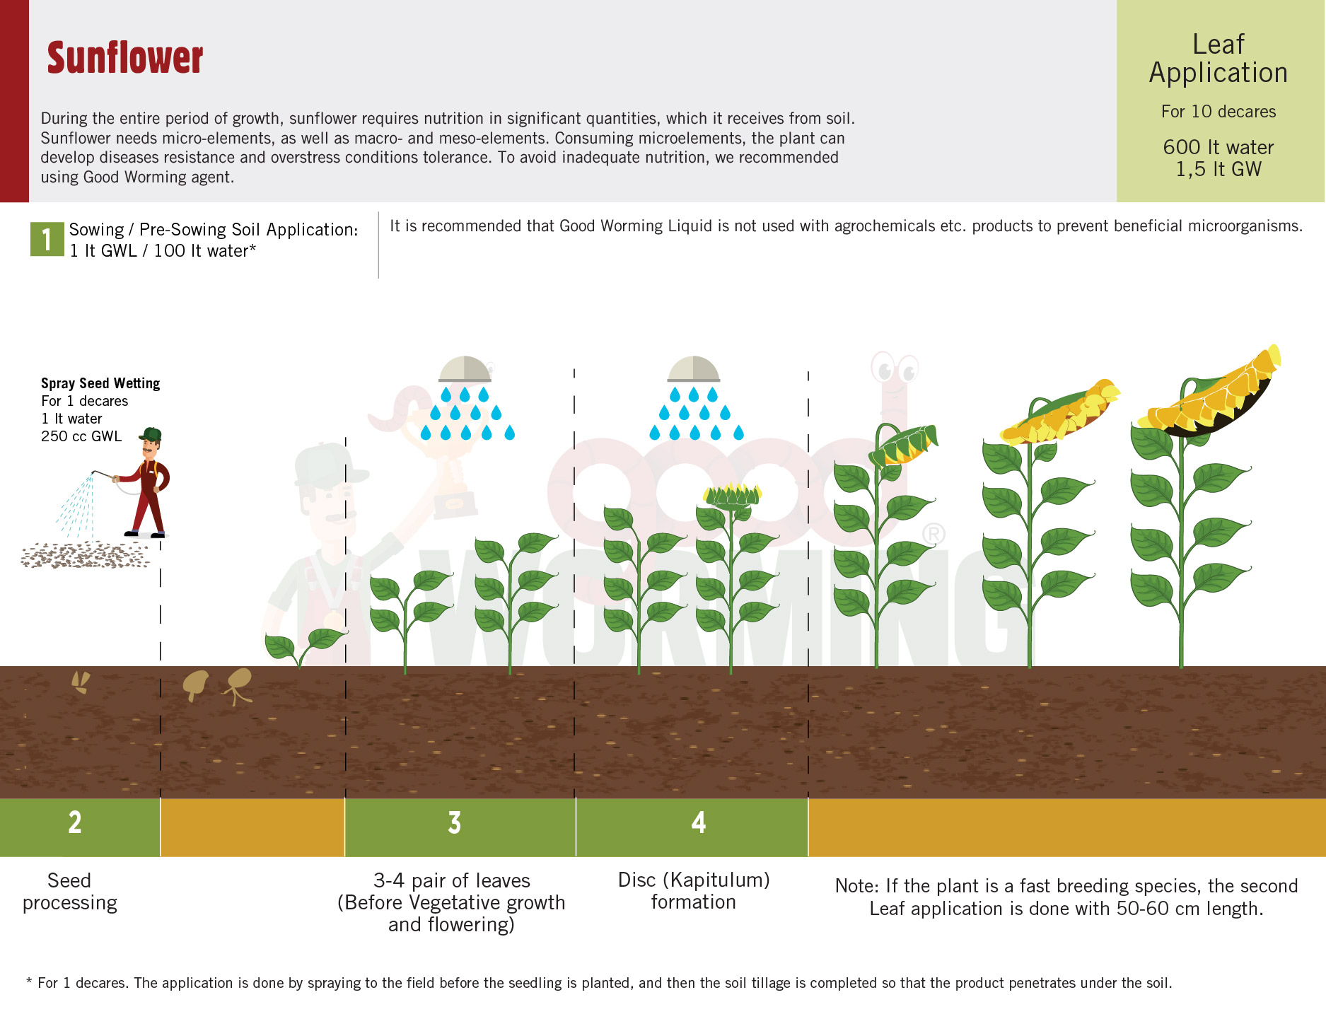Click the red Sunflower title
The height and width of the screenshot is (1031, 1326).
click(125, 58)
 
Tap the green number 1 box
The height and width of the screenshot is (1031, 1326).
click(47, 239)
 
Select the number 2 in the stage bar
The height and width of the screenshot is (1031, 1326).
click(75, 822)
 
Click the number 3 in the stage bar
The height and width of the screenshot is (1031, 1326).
click(455, 822)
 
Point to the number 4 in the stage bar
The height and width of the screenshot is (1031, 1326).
click(699, 822)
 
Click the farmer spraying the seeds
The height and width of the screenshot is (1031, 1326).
click(144, 482)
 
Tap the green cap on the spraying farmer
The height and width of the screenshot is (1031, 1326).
click(151, 434)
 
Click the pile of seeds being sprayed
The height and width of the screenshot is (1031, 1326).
click(85, 555)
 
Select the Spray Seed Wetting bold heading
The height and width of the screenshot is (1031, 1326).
click(100, 383)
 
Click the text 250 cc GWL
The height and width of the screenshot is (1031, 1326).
click(81, 436)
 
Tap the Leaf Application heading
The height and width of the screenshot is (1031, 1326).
click(1219, 59)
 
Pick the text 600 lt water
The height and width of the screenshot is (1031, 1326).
click(1219, 147)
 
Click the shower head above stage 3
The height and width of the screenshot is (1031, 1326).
click(465, 369)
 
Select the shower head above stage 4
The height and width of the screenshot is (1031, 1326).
click(694, 369)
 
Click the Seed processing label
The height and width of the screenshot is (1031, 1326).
click(69, 892)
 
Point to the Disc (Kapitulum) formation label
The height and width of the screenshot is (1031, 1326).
click(694, 891)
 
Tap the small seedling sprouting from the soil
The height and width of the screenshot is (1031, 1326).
click(305, 646)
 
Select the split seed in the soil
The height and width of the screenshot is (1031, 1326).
click(81, 682)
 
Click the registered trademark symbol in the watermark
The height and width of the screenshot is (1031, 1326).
click(934, 534)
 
